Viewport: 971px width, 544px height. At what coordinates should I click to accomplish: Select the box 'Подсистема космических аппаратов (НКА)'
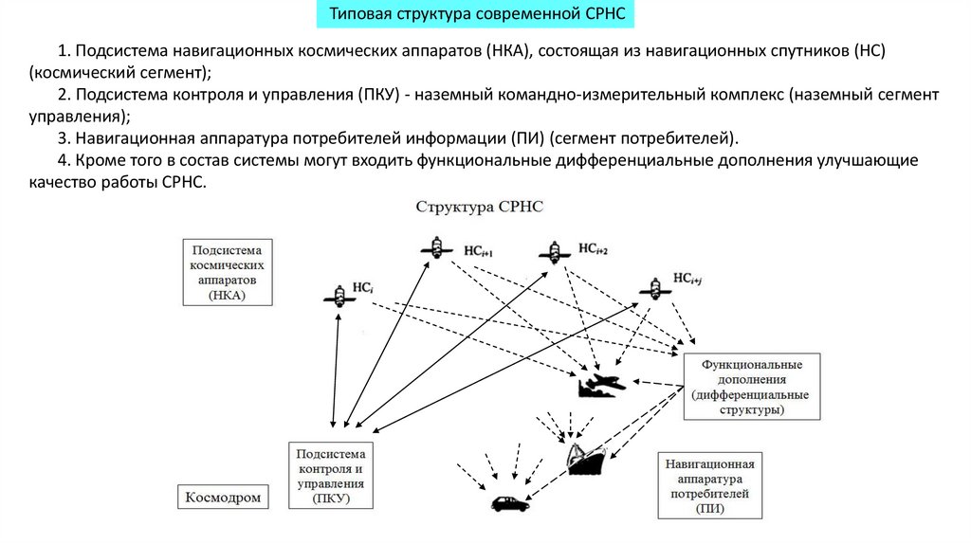point(227,272)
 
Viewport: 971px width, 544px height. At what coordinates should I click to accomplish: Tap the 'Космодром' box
point(222,498)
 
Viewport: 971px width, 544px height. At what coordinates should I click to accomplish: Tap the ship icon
point(590,459)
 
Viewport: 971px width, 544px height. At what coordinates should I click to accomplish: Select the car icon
point(510,503)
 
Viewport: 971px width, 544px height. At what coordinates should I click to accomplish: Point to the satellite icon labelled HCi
point(339,297)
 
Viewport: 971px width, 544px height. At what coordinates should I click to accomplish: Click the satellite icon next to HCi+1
point(435,248)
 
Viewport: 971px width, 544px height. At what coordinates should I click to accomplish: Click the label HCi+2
point(590,249)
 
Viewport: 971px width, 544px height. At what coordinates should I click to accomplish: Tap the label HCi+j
point(688,279)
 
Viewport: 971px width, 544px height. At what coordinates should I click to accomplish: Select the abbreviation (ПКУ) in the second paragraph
point(378,96)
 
